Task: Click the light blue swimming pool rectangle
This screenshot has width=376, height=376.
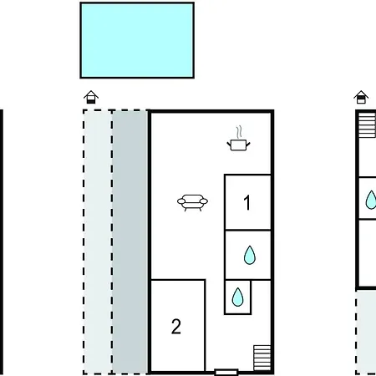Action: coord(137,40)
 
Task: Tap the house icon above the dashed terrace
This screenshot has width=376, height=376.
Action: coord(91,97)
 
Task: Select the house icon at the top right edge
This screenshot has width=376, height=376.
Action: coord(361,97)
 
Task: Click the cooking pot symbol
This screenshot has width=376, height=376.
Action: coord(239,145)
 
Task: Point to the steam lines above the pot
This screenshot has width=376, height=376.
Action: coord(239,132)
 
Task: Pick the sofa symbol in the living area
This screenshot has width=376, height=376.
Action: coord(192,203)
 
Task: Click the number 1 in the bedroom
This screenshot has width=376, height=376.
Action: coord(246,202)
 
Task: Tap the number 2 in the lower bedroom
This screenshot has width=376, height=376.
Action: coord(176,327)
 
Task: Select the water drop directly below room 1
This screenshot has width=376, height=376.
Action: coord(250,255)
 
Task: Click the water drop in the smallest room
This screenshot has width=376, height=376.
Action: coord(237,297)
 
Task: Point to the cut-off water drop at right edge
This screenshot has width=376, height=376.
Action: coord(371,200)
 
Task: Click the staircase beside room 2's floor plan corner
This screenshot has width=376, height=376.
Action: coord(262,358)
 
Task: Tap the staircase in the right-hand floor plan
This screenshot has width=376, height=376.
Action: coord(367,125)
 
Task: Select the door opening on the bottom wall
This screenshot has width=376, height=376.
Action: coord(226,372)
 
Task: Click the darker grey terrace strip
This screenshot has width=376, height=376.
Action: coord(130,241)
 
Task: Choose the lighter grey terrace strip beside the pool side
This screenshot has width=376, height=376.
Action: coord(98,241)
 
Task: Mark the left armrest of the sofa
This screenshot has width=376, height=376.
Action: coord(181,201)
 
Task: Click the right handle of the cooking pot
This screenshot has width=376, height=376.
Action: coord(248,145)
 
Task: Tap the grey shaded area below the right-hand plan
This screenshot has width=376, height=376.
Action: coord(366,332)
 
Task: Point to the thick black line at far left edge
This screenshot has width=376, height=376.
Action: coord(2,242)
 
